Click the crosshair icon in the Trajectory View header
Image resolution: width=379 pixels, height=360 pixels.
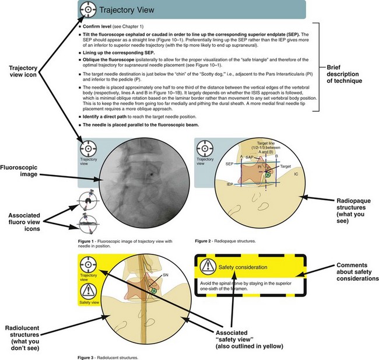[87, 10]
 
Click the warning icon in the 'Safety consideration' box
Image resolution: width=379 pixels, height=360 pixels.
[207, 267]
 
